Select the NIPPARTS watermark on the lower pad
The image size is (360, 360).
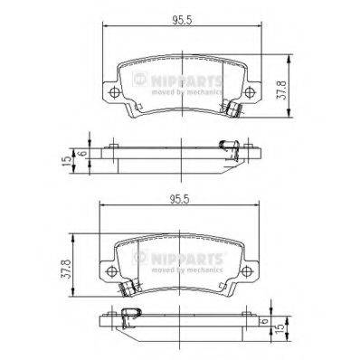(179, 259)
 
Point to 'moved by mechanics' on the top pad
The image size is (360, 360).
(185, 92)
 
